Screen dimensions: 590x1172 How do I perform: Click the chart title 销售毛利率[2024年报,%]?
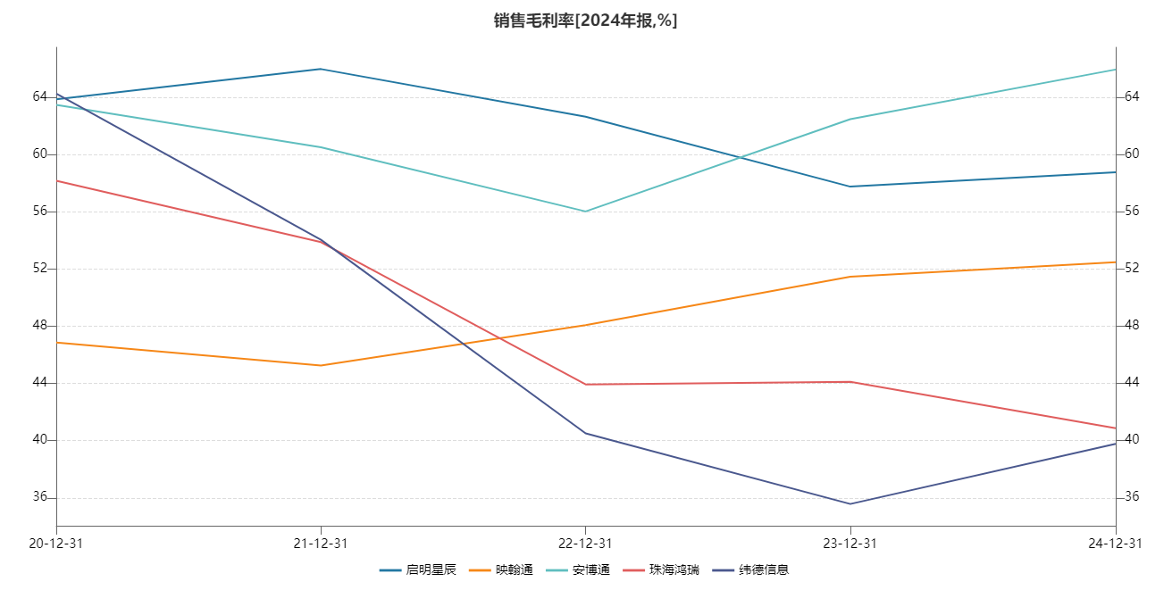click(x=586, y=21)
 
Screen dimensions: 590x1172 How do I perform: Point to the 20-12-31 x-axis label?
click(x=56, y=543)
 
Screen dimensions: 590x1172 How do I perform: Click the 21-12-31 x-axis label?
click(x=321, y=543)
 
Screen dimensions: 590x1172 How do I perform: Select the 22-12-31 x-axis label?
click(x=585, y=543)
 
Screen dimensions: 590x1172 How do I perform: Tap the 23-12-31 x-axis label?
click(x=850, y=543)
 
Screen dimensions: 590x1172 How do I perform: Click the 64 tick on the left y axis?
click(x=40, y=96)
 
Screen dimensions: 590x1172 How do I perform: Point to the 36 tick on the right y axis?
click(x=1131, y=497)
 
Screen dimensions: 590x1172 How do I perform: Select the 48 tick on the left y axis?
click(x=40, y=326)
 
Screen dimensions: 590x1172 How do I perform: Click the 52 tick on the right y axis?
click(x=1131, y=269)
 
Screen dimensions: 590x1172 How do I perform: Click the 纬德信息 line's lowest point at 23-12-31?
click(x=850, y=503)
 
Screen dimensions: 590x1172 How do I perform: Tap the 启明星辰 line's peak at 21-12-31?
click(x=321, y=69)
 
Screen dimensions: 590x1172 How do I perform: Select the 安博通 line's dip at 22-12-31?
click(x=585, y=212)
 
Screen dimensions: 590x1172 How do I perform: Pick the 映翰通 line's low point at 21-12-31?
click(x=321, y=365)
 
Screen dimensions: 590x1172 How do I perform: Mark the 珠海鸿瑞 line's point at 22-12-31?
click(x=585, y=385)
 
